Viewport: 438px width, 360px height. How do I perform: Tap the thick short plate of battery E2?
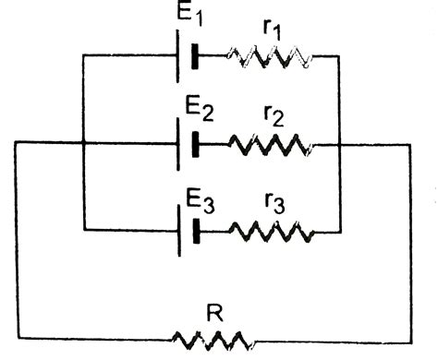[x=196, y=144]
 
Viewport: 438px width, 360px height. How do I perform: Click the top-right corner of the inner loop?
[x=340, y=56]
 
